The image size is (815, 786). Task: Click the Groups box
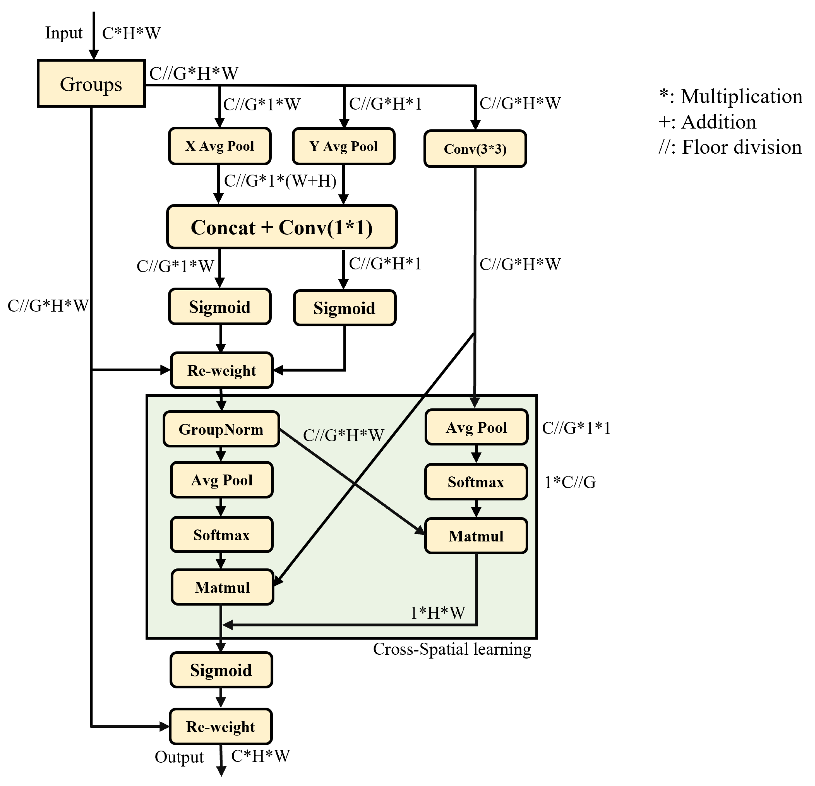[x=91, y=84]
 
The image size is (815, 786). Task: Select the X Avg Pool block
[x=220, y=146]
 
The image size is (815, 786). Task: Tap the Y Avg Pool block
[x=343, y=146]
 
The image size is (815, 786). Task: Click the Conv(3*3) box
[x=475, y=149]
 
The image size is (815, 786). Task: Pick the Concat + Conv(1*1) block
[x=281, y=227]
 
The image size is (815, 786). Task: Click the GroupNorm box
[x=221, y=429]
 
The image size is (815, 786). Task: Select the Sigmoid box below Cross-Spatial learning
[x=221, y=670]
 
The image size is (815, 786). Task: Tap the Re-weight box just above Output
[x=220, y=727]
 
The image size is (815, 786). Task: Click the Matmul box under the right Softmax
[x=476, y=536]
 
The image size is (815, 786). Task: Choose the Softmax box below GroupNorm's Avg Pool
[x=221, y=534]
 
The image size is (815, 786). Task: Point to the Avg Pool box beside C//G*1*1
[x=476, y=427]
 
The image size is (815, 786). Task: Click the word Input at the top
[x=64, y=33]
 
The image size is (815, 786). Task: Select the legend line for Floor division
[x=730, y=147]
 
